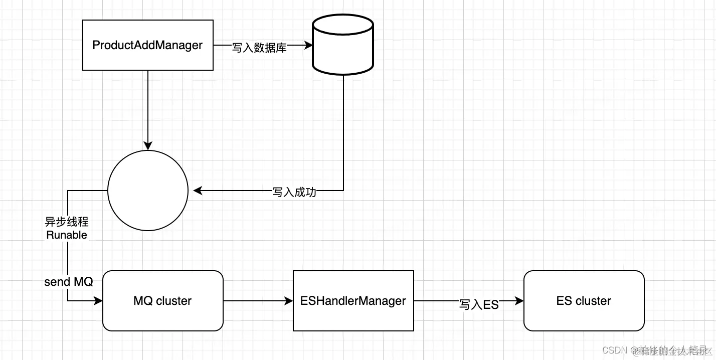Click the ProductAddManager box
[x=148, y=45]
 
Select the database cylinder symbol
[x=343, y=45]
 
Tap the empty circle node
[x=148, y=191]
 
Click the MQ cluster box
[x=162, y=301]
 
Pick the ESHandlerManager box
[x=353, y=301]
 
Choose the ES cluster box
[x=584, y=301]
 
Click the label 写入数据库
[x=259, y=48]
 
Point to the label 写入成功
[x=294, y=192]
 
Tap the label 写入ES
[x=479, y=304]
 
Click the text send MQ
[x=69, y=282]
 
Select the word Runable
[x=67, y=235]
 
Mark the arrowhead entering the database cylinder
[x=308, y=45]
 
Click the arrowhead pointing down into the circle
[x=148, y=145]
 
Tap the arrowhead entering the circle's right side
[x=198, y=191]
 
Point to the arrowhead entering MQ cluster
[x=98, y=301]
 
